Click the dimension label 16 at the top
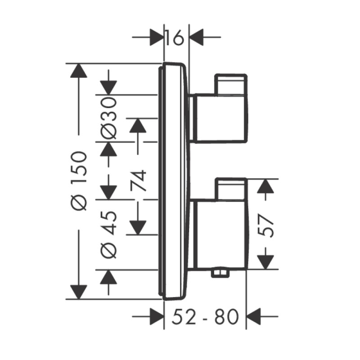(175, 37)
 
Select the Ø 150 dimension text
(79, 181)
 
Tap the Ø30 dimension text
(108, 118)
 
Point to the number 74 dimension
(138, 180)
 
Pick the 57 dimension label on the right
(265, 225)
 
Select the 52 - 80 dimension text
(205, 317)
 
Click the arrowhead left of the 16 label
(157, 37)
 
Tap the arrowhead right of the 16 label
(196, 37)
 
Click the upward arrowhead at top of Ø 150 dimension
(79, 71)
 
